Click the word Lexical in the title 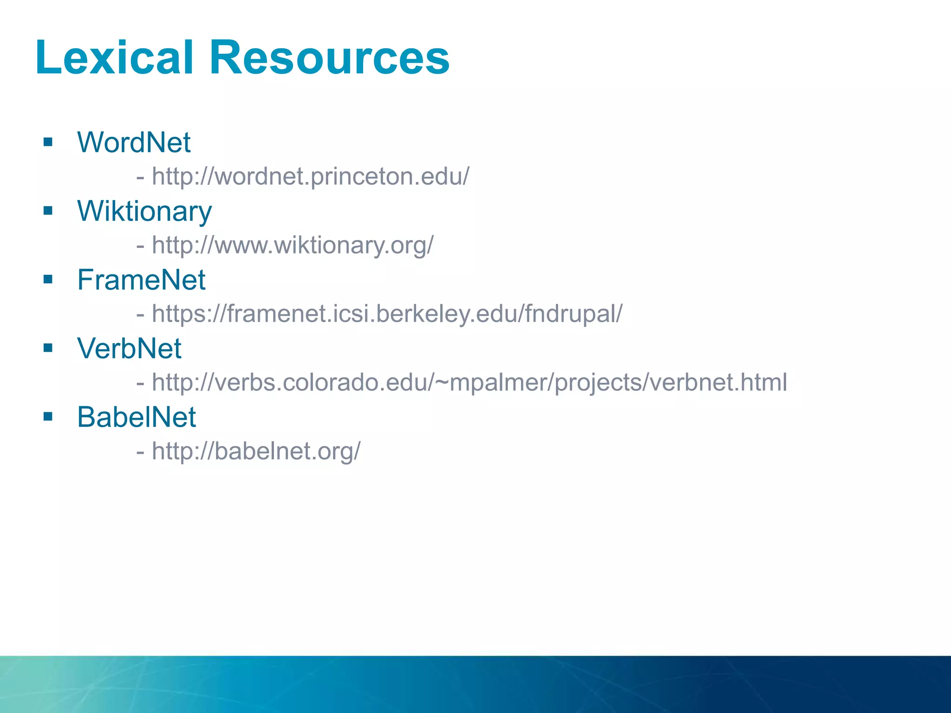coord(114,58)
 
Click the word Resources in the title coord(329,58)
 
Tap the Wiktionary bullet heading coord(144,211)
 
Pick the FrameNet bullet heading coord(141,280)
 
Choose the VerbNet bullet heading coord(129,349)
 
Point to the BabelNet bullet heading coord(137,417)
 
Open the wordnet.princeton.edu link coord(311,177)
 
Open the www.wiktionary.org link coord(293,245)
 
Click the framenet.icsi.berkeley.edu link coord(387,314)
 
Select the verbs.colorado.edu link coord(469,382)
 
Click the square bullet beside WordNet coord(48,142)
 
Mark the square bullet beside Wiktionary coord(48,211)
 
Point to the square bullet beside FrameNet coord(48,279)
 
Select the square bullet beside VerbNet coord(48,348)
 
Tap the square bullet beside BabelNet coord(48,416)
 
